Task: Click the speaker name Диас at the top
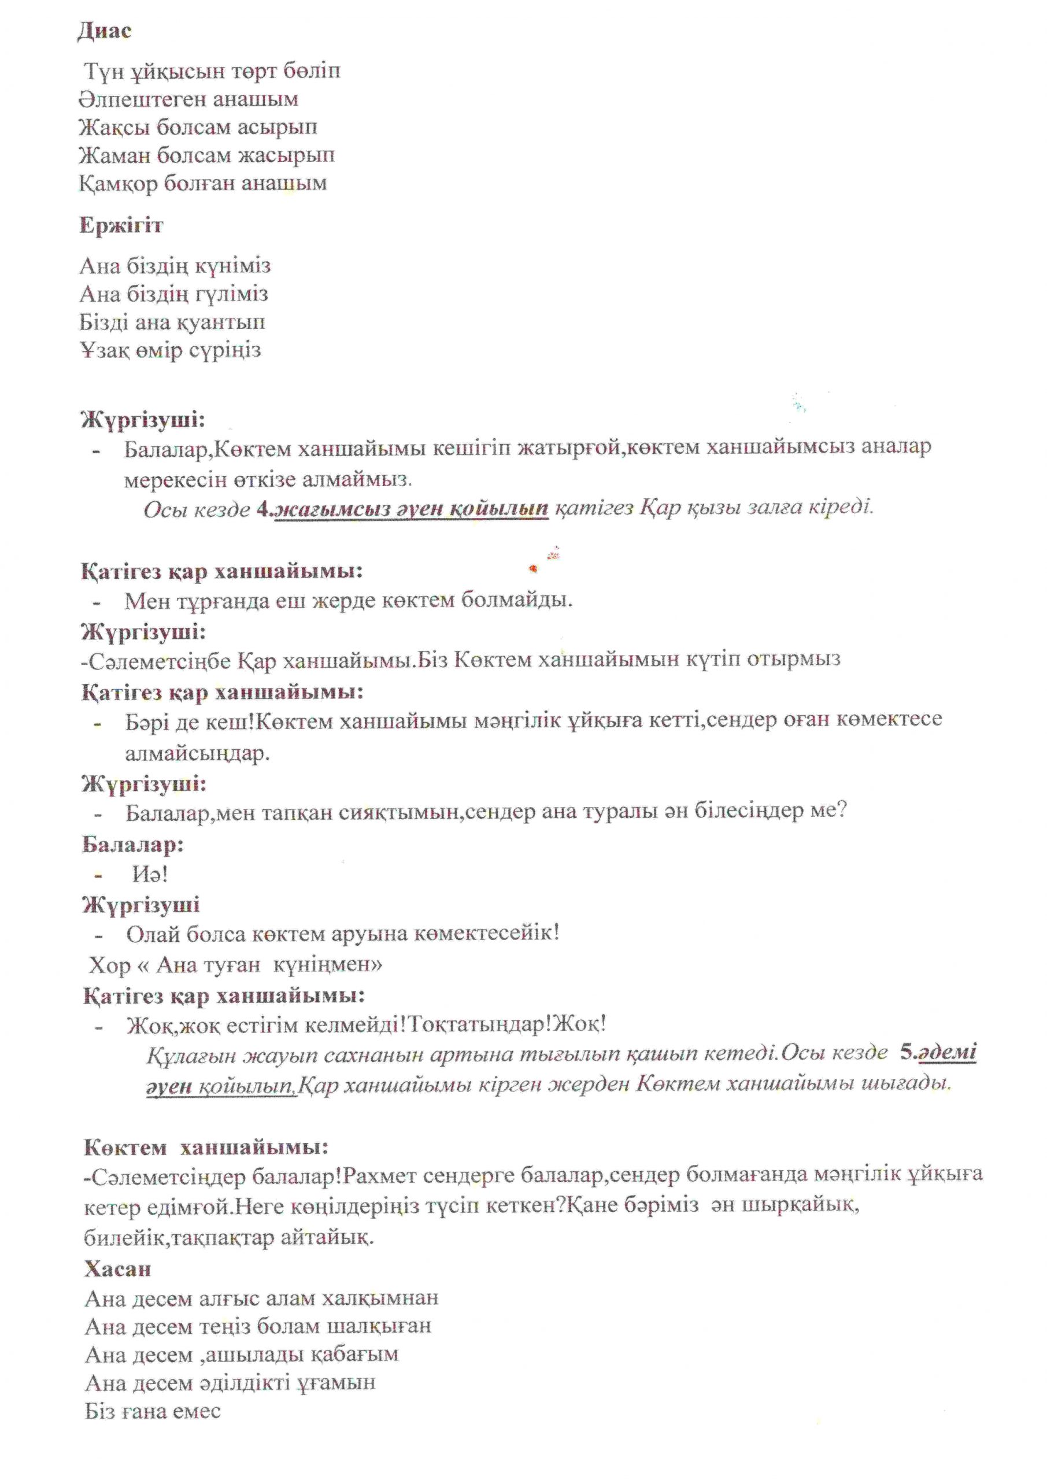click(105, 31)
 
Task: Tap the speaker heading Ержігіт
click(121, 225)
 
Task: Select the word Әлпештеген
click(138, 100)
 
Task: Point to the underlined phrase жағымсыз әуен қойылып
click(411, 509)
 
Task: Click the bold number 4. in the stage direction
click(265, 509)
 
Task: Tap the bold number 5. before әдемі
click(908, 1053)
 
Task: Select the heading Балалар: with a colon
click(133, 845)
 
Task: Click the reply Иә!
click(150, 874)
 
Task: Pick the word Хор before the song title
click(110, 965)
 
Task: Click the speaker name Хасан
click(117, 1268)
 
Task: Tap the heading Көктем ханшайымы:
click(206, 1148)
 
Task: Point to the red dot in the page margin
click(532, 568)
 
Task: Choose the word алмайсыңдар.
click(197, 753)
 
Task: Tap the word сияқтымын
click(398, 812)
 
